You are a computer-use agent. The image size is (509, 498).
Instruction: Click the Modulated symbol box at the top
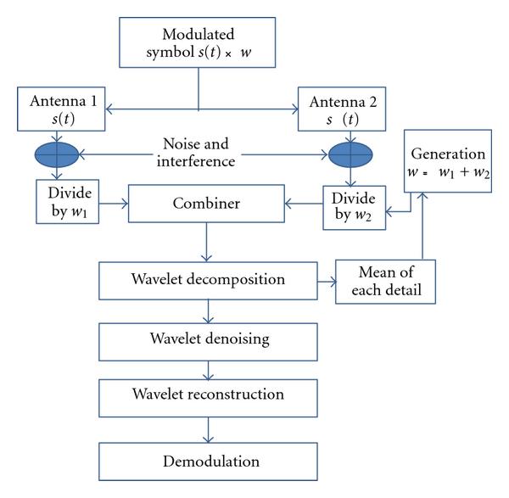click(x=199, y=43)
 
